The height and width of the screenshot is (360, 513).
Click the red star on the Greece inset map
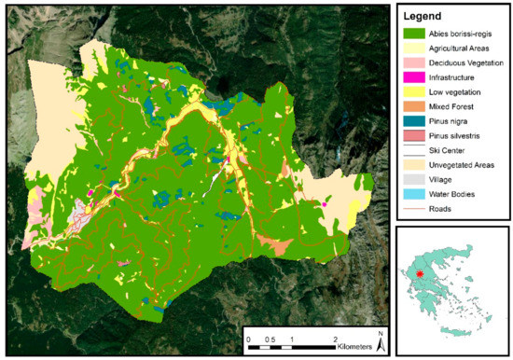(x=421, y=274)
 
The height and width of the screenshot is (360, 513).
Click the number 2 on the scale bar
(x=335, y=337)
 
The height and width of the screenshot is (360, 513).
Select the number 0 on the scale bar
(x=249, y=337)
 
